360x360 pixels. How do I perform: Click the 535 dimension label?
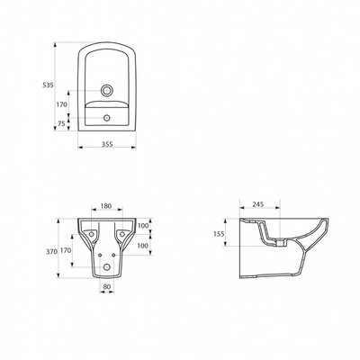[x=48, y=85]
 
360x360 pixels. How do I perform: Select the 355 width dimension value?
[x=107, y=144]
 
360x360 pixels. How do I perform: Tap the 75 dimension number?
[x=61, y=123]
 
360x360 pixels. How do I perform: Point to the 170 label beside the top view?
[x=62, y=104]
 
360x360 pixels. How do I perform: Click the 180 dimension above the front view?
[x=106, y=206]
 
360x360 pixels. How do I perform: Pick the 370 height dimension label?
[x=51, y=252]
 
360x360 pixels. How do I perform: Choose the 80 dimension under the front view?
[x=106, y=286]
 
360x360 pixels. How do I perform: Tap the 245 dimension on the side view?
[x=258, y=204]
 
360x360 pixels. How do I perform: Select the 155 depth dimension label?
[x=219, y=234]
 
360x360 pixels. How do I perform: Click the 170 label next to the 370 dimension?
[x=66, y=250]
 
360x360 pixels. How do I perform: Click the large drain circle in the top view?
[x=106, y=90]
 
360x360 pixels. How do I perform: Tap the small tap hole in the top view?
[x=106, y=118]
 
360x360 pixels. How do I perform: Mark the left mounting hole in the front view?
[x=92, y=234]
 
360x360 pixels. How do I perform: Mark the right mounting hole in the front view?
[x=121, y=234]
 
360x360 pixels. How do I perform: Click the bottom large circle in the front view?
[x=106, y=266]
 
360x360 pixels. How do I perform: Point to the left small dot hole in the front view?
[x=100, y=255]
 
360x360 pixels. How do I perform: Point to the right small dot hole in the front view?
[x=113, y=255]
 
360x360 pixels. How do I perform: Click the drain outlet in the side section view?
[x=280, y=242]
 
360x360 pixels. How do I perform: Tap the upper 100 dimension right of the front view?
[x=142, y=225]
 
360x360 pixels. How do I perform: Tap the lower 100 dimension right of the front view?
[x=142, y=246]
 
